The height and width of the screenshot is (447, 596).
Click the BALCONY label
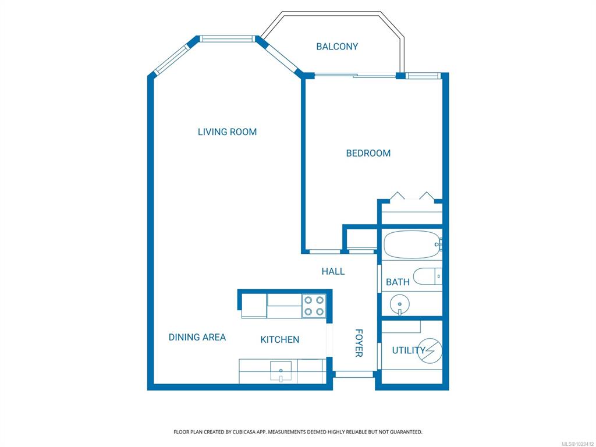pos(337,47)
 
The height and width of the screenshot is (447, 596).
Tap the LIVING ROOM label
pos(228,132)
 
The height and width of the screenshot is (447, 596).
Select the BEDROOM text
pos(368,153)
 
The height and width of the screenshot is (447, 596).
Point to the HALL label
pos(333,271)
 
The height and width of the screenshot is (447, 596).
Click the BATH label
pos(398,282)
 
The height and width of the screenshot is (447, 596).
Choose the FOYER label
pos(359,343)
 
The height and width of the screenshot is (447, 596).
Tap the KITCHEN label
pos(280,339)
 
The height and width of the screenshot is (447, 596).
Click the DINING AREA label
pos(197,337)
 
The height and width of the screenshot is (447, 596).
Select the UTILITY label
pos(409,350)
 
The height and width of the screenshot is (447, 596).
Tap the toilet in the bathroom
pos(428,276)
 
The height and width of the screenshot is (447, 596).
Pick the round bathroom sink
pos(400,304)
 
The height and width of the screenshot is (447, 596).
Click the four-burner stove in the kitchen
pos(314,306)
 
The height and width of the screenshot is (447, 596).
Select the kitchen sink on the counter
pos(281,371)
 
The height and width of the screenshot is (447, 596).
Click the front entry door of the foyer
pos(354,374)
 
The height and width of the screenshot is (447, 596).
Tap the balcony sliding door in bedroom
pos(355,76)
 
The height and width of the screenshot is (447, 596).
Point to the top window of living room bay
pos(227,38)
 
